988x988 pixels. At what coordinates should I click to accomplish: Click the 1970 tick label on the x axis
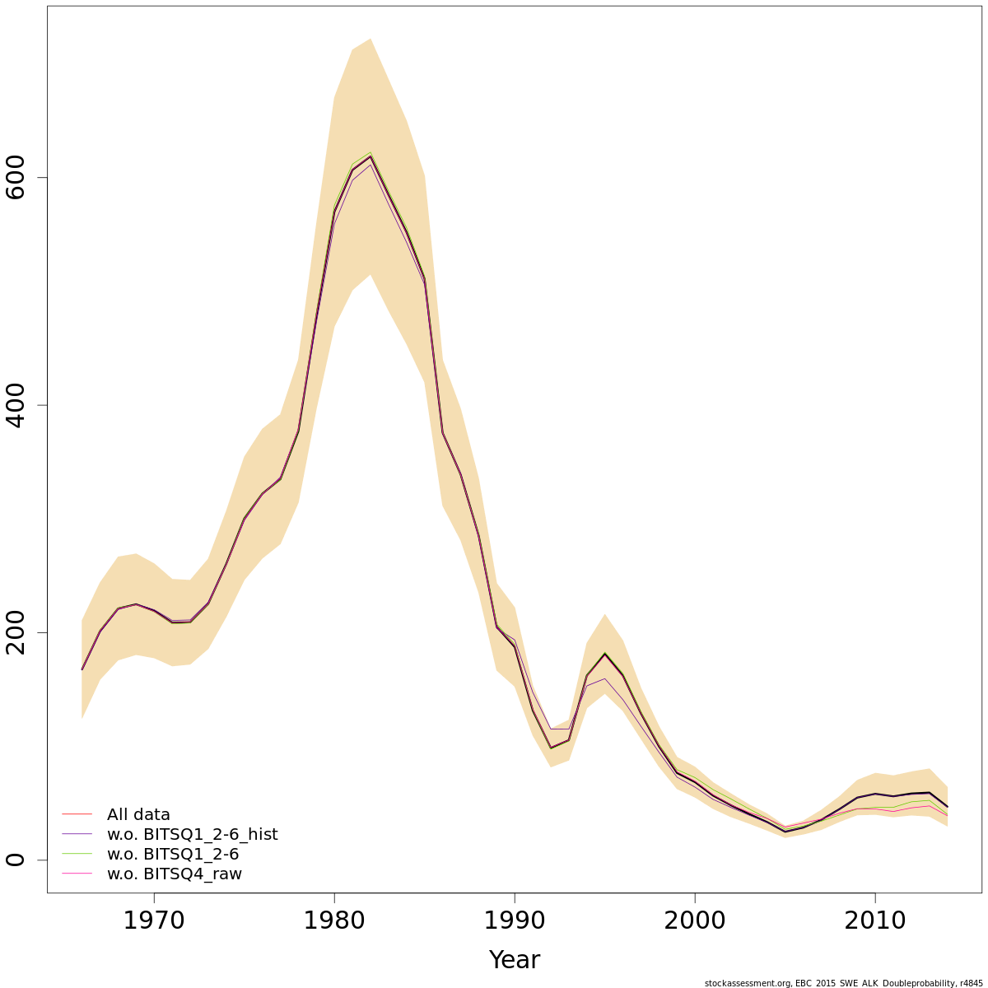(x=154, y=920)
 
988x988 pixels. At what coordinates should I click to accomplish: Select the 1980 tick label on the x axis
(x=334, y=920)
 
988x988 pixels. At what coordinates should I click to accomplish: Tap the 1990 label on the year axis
(x=515, y=920)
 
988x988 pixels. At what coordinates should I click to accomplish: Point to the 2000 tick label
(x=695, y=920)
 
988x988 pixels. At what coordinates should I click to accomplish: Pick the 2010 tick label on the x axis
(x=875, y=920)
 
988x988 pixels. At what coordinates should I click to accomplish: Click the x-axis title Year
(x=515, y=960)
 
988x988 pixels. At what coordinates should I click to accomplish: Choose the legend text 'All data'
(x=138, y=815)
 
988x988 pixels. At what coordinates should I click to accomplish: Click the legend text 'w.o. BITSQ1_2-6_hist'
(x=192, y=835)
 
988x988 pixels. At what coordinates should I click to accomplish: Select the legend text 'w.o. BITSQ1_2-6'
(x=173, y=855)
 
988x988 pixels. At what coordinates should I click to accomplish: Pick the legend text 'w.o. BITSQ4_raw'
(x=175, y=874)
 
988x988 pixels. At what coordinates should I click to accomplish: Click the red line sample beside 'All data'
(x=77, y=815)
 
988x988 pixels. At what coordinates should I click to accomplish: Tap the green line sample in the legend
(x=77, y=855)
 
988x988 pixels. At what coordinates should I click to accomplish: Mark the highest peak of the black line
(x=370, y=156)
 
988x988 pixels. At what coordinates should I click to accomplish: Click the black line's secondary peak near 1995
(x=605, y=655)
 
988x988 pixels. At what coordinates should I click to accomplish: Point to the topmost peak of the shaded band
(x=370, y=39)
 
